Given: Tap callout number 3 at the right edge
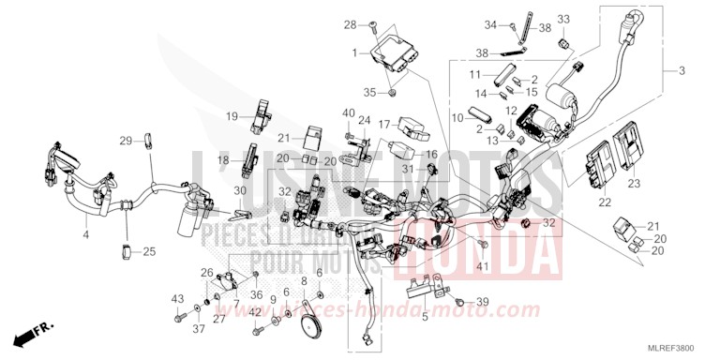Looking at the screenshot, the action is pos(681,71).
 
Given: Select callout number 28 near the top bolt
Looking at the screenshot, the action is pos(349,23).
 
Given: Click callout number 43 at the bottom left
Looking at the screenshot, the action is pos(176,299).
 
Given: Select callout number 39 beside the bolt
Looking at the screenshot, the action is pos(483,301).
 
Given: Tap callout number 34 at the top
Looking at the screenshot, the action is pos(514,22).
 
